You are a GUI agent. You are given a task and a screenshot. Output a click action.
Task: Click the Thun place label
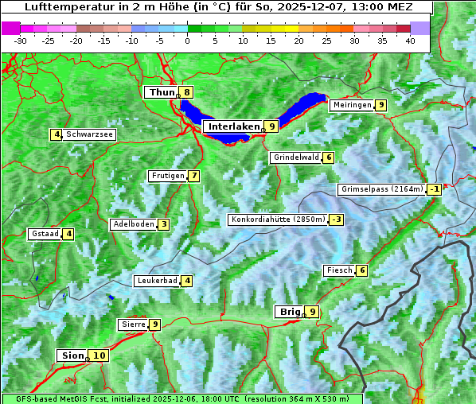(162, 93)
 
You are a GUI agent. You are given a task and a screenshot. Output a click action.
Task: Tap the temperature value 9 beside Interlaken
(271, 126)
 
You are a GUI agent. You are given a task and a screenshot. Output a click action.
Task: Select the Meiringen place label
(352, 105)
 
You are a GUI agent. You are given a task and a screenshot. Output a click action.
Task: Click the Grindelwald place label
(296, 157)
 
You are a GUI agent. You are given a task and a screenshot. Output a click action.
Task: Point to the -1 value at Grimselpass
(434, 189)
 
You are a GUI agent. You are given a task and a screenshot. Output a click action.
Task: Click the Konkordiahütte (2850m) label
(278, 219)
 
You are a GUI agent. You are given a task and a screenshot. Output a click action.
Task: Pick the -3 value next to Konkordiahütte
(337, 219)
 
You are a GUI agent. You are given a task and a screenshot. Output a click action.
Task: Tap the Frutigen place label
(168, 176)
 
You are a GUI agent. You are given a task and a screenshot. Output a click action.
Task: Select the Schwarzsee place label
(89, 135)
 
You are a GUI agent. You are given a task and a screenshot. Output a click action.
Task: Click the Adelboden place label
(133, 224)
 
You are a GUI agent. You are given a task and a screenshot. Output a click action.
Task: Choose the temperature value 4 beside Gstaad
(68, 234)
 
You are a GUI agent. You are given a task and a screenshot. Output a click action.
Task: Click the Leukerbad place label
(157, 281)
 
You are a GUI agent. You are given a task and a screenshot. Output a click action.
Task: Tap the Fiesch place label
(338, 271)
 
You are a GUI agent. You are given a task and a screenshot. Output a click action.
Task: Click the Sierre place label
(132, 324)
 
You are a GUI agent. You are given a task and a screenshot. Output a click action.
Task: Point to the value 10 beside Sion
(98, 355)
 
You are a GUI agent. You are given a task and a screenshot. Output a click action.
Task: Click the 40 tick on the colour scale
(410, 40)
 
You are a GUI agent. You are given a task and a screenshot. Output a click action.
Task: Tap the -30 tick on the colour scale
(21, 40)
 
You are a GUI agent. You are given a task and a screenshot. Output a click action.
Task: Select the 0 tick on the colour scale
(188, 40)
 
